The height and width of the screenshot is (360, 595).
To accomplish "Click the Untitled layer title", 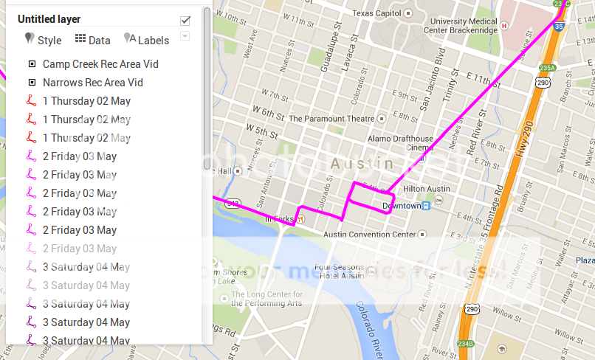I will pos(49,19).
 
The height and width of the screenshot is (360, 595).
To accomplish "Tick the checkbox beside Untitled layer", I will pos(185,20).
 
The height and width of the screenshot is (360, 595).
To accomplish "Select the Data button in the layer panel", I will pos(92,40).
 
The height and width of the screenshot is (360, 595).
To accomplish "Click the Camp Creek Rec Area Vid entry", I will pos(100,64).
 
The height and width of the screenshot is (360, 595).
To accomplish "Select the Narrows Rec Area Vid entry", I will pos(92,83).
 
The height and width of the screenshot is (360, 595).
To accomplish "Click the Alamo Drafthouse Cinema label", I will pos(401,142).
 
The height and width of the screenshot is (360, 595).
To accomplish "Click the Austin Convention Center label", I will pos(370,234).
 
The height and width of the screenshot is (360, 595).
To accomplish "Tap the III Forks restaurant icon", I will pos(300,218).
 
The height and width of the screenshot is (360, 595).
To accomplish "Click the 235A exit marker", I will pos(547,68).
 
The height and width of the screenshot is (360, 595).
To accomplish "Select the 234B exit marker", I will pos(464,344).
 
